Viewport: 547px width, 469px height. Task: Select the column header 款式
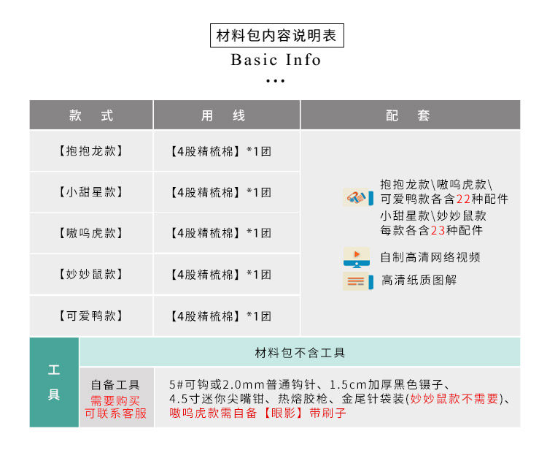pyautogui.click(x=91, y=115)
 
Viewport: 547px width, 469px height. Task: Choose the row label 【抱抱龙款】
pyautogui.click(x=91, y=151)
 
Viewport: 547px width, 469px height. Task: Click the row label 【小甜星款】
pyautogui.click(x=91, y=192)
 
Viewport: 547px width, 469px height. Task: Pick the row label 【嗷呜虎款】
pyautogui.click(x=91, y=233)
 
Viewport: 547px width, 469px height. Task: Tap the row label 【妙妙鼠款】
pyautogui.click(x=91, y=274)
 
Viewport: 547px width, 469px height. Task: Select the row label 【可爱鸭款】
pyautogui.click(x=91, y=316)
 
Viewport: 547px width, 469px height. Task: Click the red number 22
pyautogui.click(x=464, y=199)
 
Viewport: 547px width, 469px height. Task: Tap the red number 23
pyautogui.click(x=438, y=231)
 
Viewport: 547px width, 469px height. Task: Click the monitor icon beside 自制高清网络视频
pyautogui.click(x=357, y=257)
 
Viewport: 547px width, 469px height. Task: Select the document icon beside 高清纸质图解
pyautogui.click(x=357, y=281)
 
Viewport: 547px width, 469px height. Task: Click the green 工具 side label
pyautogui.click(x=54, y=382)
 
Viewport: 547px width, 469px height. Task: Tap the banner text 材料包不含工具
pyautogui.click(x=300, y=353)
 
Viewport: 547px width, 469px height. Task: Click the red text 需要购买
pyautogui.click(x=115, y=400)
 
